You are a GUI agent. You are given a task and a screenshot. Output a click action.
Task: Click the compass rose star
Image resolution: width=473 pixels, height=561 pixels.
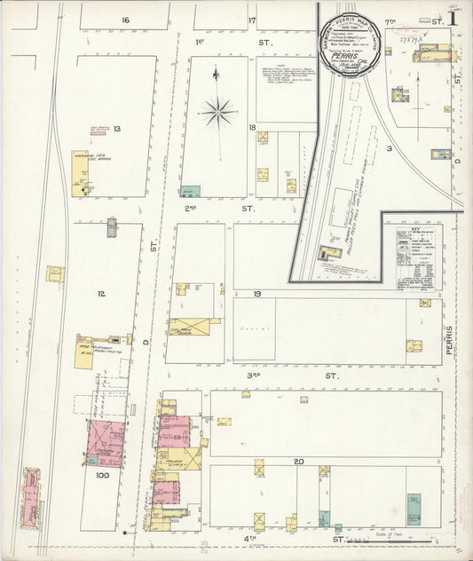(x=218, y=112)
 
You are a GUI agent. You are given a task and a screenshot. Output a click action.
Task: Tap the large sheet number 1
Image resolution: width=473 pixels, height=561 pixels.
(x=453, y=18)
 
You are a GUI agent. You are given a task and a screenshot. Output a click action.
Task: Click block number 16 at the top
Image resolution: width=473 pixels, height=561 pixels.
(x=125, y=20)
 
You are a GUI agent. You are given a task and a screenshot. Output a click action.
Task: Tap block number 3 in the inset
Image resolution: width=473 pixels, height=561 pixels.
(x=389, y=148)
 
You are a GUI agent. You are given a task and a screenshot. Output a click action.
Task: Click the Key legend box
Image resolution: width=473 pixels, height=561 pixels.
(x=419, y=258)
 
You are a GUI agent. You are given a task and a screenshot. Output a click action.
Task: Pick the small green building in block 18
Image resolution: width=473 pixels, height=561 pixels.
(x=190, y=192)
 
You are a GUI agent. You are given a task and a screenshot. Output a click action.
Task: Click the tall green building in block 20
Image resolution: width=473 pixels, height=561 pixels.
(x=414, y=508)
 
